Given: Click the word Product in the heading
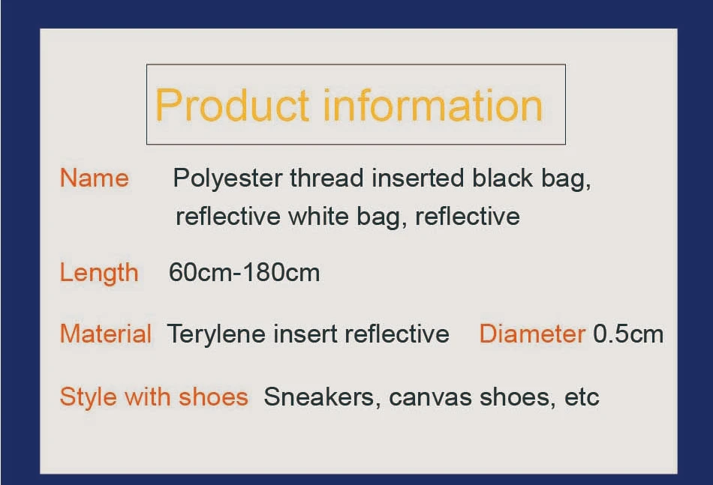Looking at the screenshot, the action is pos(233,106).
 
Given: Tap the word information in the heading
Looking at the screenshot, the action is pos(433,106).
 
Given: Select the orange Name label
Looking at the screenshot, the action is pos(94,178).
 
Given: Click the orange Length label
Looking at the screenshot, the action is pos(99,273).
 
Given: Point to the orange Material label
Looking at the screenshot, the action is pos(106,334).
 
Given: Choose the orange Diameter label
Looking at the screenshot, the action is pos(532,334).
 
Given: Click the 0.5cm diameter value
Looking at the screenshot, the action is pos(628,334).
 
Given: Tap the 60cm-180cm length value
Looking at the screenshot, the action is pos(244,272).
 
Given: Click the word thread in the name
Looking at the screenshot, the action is pos(326,178).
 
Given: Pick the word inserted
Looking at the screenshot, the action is pos(418,178).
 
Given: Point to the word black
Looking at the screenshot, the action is pos(502,178).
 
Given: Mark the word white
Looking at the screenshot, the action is pos(318,216).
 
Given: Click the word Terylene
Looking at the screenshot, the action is pos(216,334).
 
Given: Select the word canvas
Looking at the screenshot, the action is pos(430,397).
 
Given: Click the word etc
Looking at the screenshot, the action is pos(582,397).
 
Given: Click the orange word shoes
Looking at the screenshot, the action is pos(213,397).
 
